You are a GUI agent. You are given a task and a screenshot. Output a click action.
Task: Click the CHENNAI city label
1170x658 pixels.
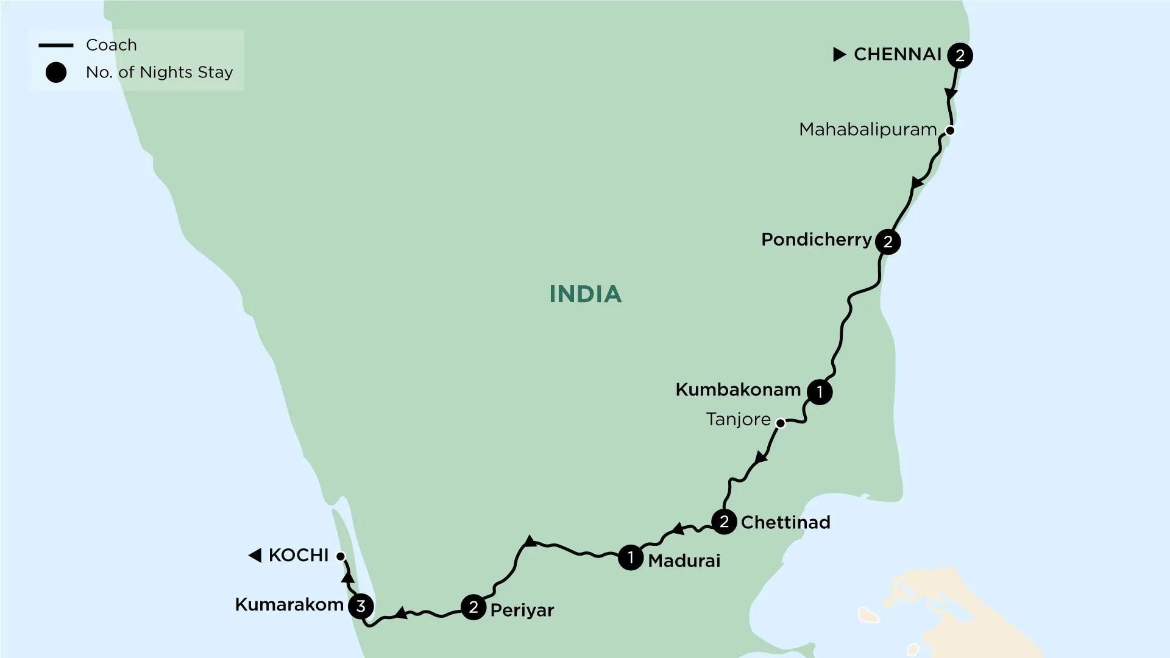click(x=898, y=55)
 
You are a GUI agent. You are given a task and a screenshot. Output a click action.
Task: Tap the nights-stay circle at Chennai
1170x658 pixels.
click(x=960, y=55)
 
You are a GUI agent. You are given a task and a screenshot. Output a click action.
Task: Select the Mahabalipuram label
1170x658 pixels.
click(x=867, y=130)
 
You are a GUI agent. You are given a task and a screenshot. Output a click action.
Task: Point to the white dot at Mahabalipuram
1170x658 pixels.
click(x=949, y=130)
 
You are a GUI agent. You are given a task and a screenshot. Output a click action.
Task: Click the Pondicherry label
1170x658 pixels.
click(x=816, y=240)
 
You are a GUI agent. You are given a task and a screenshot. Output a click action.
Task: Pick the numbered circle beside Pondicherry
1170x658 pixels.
click(x=888, y=242)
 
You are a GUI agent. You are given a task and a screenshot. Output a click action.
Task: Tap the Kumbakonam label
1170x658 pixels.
click(x=737, y=390)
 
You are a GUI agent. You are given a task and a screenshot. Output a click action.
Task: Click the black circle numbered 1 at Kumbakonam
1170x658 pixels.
click(x=820, y=392)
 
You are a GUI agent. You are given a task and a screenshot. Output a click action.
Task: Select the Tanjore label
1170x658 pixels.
click(x=738, y=420)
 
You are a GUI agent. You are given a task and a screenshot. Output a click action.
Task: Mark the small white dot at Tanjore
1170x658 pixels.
click(x=780, y=423)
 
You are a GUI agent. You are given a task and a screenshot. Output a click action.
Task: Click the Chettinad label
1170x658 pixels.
click(x=785, y=523)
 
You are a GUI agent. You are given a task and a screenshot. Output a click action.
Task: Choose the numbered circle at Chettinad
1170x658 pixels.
click(x=724, y=522)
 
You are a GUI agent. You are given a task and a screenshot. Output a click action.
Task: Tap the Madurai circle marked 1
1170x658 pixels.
click(x=631, y=557)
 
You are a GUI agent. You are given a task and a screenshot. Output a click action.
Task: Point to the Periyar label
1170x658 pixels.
click(x=522, y=610)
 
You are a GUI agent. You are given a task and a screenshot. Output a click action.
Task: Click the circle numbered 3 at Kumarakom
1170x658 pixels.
click(x=361, y=606)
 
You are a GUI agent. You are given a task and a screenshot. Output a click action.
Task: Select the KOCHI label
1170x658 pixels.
click(x=298, y=556)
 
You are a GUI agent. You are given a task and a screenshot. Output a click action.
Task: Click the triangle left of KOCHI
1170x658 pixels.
click(x=255, y=556)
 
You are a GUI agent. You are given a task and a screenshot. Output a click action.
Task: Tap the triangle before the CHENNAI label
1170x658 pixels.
click(x=840, y=55)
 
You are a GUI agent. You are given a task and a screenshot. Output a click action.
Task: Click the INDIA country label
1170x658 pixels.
click(x=585, y=294)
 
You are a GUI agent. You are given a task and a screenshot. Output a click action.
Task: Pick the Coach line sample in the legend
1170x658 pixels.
click(x=56, y=46)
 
